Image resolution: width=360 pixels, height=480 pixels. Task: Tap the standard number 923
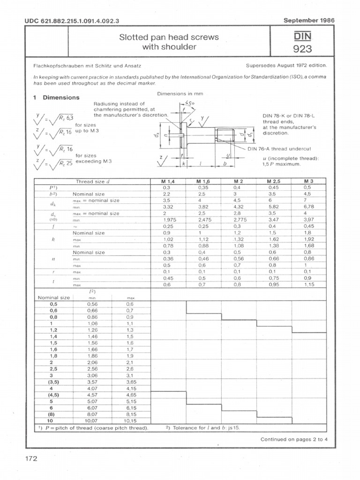coord(302,49)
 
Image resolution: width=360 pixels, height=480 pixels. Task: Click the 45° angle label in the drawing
coord(189,102)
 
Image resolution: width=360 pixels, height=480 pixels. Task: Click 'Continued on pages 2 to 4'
coord(293,439)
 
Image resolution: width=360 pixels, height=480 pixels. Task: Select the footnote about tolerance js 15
coord(199,427)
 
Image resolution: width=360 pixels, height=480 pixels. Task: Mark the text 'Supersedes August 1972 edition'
coord(286,66)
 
